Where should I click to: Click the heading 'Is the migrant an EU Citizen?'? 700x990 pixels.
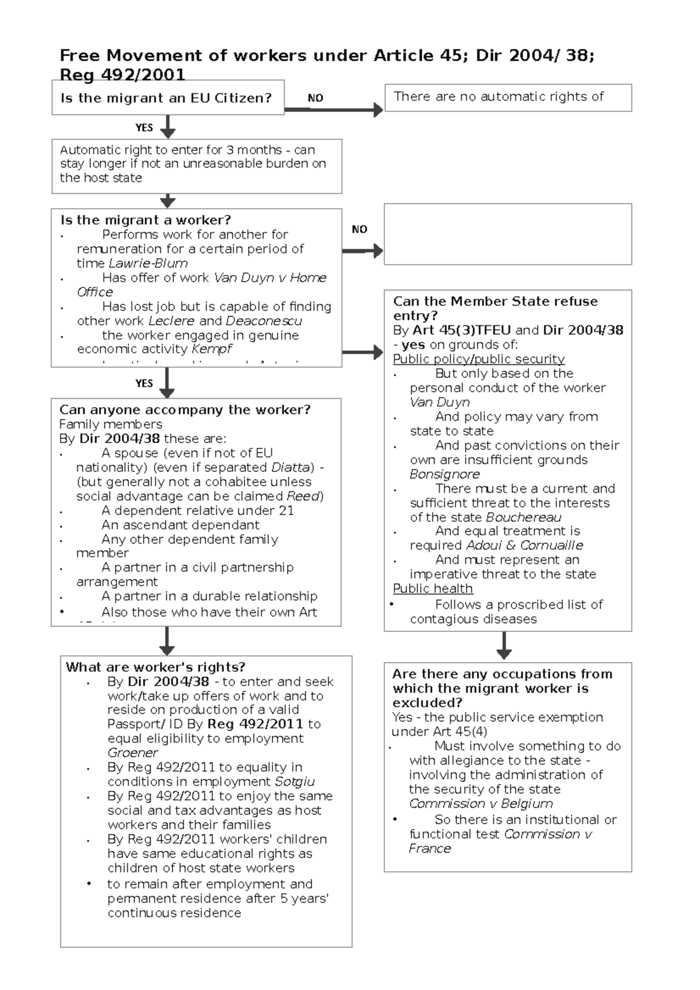pyautogui.click(x=166, y=98)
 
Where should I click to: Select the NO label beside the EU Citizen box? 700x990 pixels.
pyautogui.click(x=315, y=98)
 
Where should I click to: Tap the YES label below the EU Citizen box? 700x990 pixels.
pyautogui.click(x=144, y=128)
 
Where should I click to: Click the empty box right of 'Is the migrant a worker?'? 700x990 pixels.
pyautogui.click(x=508, y=234)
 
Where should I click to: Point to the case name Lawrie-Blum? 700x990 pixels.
pyautogui.click(x=148, y=263)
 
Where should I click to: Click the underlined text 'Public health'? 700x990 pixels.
pyautogui.click(x=432, y=589)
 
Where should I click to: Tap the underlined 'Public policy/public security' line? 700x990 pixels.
pyautogui.click(x=478, y=359)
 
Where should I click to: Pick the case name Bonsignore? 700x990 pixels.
pyautogui.click(x=444, y=474)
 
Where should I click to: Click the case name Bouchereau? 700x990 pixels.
pyautogui.click(x=523, y=517)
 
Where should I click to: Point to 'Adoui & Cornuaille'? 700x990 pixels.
pyautogui.click(x=524, y=546)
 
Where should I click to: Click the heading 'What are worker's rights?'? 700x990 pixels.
pyautogui.click(x=155, y=667)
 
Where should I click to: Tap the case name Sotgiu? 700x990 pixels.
pyautogui.click(x=295, y=782)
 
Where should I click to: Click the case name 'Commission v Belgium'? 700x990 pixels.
pyautogui.click(x=481, y=804)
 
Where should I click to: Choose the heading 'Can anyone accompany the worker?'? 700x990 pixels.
pyautogui.click(x=185, y=410)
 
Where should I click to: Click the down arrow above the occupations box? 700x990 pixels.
pyautogui.click(x=504, y=645)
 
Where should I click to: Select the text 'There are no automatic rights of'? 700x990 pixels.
pyautogui.click(x=499, y=97)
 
